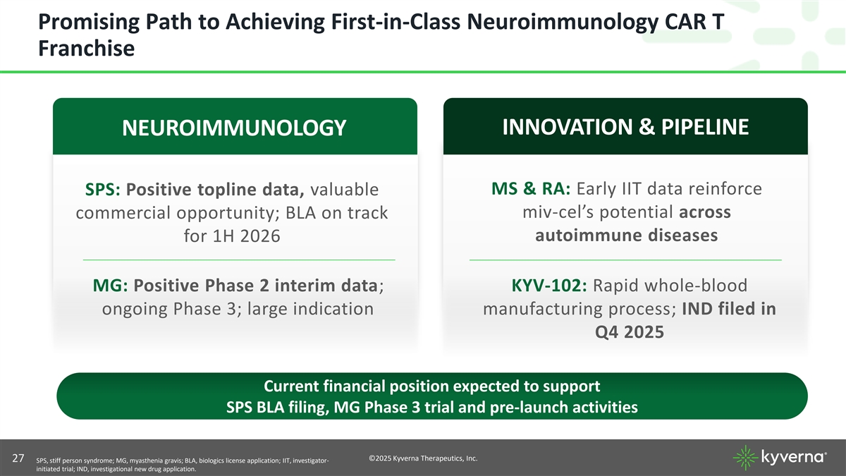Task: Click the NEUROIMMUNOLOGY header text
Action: (x=234, y=128)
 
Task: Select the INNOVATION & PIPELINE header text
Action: (x=625, y=126)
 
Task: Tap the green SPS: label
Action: (x=103, y=189)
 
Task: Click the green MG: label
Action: (x=110, y=285)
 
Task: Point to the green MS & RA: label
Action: (x=531, y=188)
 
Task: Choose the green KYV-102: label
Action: (x=549, y=285)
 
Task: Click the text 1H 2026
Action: (x=247, y=236)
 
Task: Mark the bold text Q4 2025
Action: (x=629, y=332)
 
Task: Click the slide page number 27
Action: (x=18, y=458)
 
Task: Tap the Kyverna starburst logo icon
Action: (x=746, y=458)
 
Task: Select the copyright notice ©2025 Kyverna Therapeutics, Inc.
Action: (x=423, y=458)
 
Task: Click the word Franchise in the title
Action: (x=87, y=49)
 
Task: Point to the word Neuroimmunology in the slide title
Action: (x=563, y=22)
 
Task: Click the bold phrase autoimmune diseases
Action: (x=626, y=235)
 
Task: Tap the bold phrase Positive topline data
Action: (x=215, y=189)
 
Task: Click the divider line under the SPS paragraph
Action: (x=239, y=260)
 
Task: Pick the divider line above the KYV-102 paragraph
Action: (x=625, y=260)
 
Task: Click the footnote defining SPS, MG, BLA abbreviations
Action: (x=183, y=465)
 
